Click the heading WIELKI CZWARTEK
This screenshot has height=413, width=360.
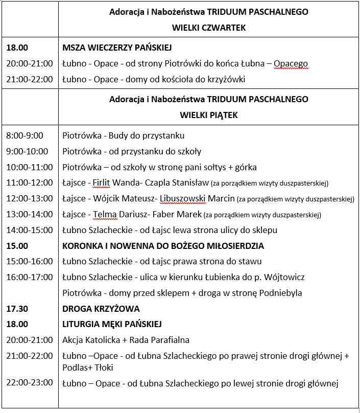click(x=209, y=28)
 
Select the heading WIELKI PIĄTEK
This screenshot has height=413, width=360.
click(x=209, y=115)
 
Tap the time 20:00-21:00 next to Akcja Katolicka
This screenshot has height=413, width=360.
click(x=29, y=340)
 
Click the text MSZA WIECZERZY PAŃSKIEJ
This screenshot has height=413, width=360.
click(x=116, y=48)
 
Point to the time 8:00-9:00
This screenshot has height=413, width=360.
click(x=25, y=135)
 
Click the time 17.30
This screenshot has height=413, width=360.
click(x=17, y=309)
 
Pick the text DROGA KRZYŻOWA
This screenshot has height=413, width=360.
click(x=101, y=309)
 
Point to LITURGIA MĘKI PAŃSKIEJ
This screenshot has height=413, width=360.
click(x=112, y=324)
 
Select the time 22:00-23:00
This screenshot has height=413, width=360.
click(x=29, y=382)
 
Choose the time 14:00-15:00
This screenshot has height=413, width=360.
click(x=29, y=230)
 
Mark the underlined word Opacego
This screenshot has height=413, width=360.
click(x=291, y=64)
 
